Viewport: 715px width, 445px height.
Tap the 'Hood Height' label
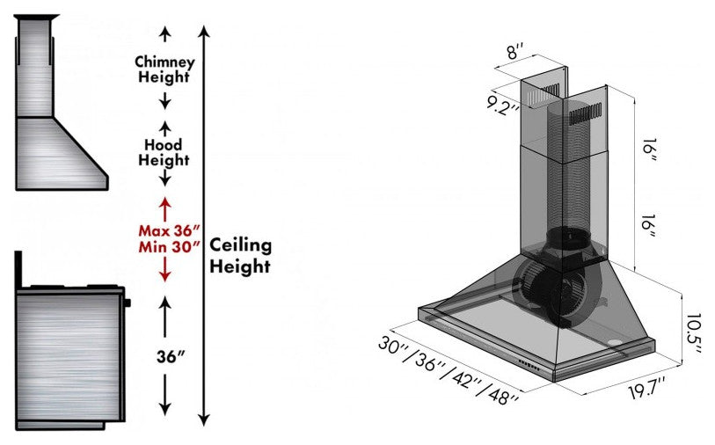point(163,152)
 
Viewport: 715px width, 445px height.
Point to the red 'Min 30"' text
point(164,247)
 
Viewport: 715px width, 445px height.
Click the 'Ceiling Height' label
point(240,255)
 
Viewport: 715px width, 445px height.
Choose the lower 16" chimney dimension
point(648,228)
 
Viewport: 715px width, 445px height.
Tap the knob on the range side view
point(128,303)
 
